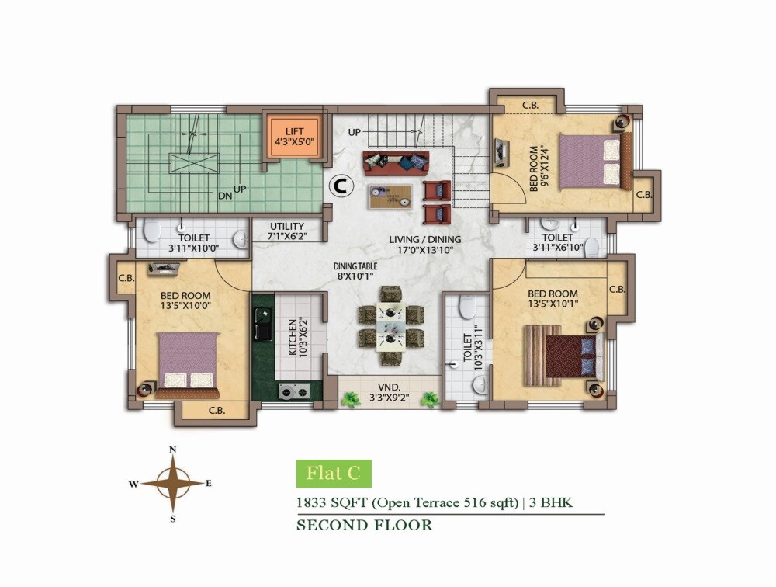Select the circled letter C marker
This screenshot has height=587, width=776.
(339, 185)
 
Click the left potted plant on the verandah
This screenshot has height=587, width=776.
(350, 400)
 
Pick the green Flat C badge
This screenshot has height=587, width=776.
(334, 473)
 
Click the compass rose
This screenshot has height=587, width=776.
(173, 483)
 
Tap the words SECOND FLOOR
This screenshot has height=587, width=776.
(365, 526)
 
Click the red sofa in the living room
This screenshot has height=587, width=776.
(395, 163)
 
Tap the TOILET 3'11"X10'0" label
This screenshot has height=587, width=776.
(192, 243)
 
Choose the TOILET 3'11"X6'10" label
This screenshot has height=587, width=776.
(557, 242)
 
